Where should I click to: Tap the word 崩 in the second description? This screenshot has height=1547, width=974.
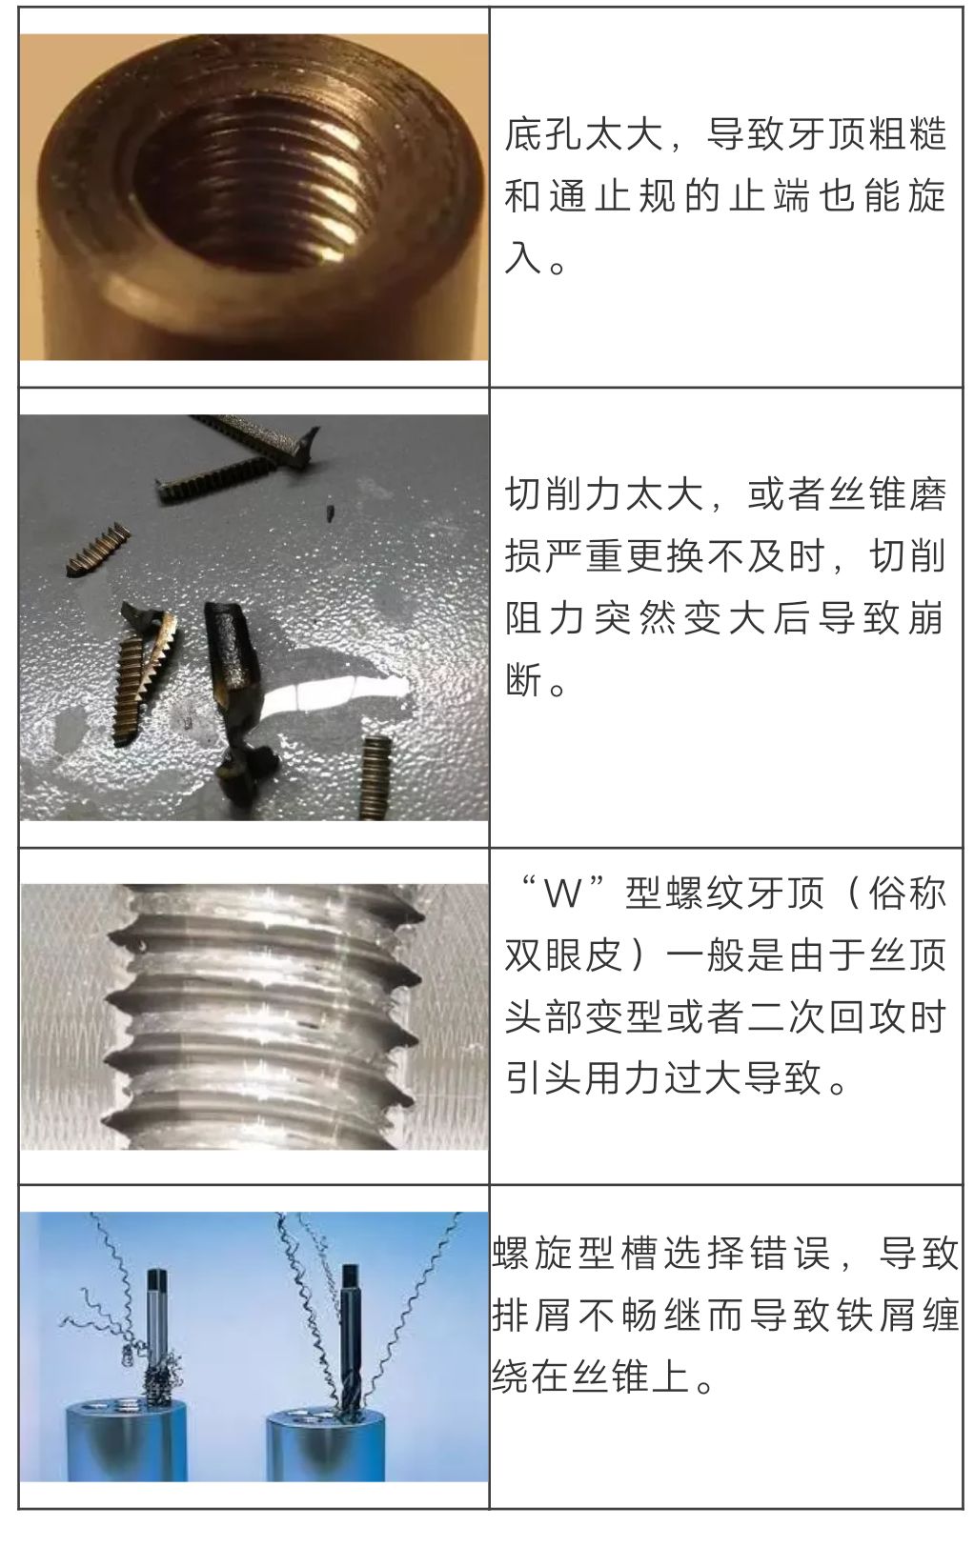pos(923,618)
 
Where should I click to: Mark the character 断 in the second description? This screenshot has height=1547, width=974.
pos(523,679)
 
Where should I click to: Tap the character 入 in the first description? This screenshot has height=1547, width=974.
pos(523,257)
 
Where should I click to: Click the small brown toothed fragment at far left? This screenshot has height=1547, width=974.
pos(98,550)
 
